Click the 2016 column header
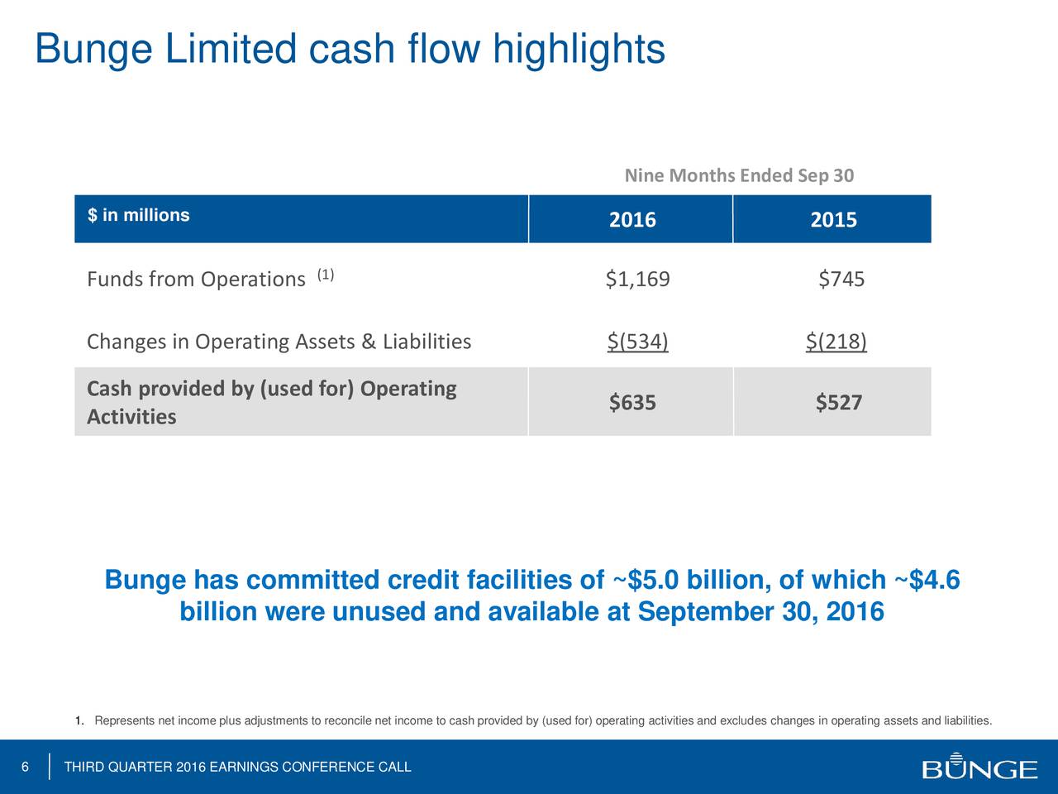[x=632, y=220]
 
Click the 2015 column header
[x=833, y=220]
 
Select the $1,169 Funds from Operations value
[x=637, y=280]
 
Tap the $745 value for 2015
[x=841, y=280]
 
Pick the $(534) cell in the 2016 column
[x=637, y=342]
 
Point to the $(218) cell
[x=836, y=342]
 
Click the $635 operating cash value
[x=632, y=403]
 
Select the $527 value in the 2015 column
[x=839, y=403]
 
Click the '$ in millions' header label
[x=139, y=216]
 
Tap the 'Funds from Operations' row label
[x=196, y=280]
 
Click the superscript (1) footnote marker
[x=325, y=275]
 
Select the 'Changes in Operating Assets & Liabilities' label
[x=279, y=342]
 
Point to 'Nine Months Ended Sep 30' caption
[x=739, y=176]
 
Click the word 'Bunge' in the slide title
[x=93, y=50]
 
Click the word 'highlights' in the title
[x=579, y=50]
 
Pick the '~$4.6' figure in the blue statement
[x=923, y=581]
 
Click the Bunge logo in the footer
[x=979, y=767]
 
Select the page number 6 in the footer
[x=25, y=768]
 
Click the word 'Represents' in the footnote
[x=123, y=721]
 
